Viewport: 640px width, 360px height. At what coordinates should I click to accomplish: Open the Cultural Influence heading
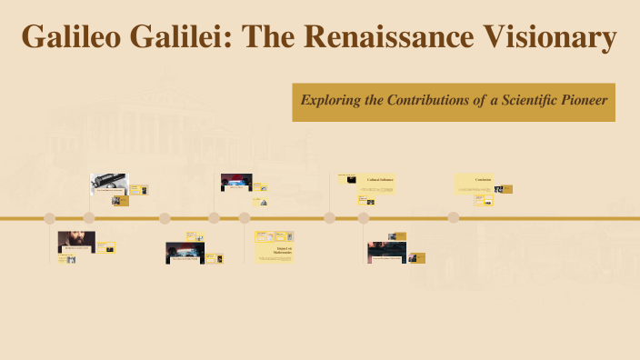click(380, 180)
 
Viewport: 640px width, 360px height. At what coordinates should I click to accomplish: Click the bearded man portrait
click(76, 242)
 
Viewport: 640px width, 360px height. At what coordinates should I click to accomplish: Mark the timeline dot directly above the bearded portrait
click(50, 218)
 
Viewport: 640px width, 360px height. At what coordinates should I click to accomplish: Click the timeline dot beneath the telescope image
click(89, 218)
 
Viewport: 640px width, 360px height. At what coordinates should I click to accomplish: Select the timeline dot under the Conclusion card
click(453, 218)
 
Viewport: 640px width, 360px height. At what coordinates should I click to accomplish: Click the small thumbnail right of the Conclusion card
click(504, 189)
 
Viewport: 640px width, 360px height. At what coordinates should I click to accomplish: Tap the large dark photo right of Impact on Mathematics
click(386, 252)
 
